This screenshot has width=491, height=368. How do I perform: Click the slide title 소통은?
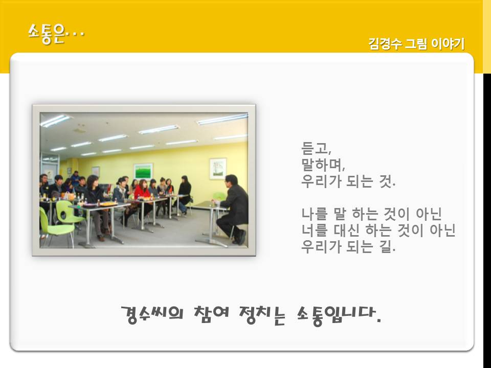[47, 34]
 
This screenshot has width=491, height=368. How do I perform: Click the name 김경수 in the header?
[385, 43]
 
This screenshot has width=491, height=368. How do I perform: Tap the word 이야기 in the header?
[448, 43]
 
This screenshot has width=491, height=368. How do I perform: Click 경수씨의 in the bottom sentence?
[152, 314]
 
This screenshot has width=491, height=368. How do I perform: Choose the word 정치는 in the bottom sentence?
[262, 314]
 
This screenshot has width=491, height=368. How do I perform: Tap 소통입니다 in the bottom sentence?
[336, 315]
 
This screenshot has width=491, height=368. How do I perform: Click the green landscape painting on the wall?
[143, 171]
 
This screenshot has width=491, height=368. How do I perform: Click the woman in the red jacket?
[143, 196]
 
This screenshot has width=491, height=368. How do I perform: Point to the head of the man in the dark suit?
[231, 181]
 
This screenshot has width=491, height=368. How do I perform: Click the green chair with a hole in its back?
[66, 214]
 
